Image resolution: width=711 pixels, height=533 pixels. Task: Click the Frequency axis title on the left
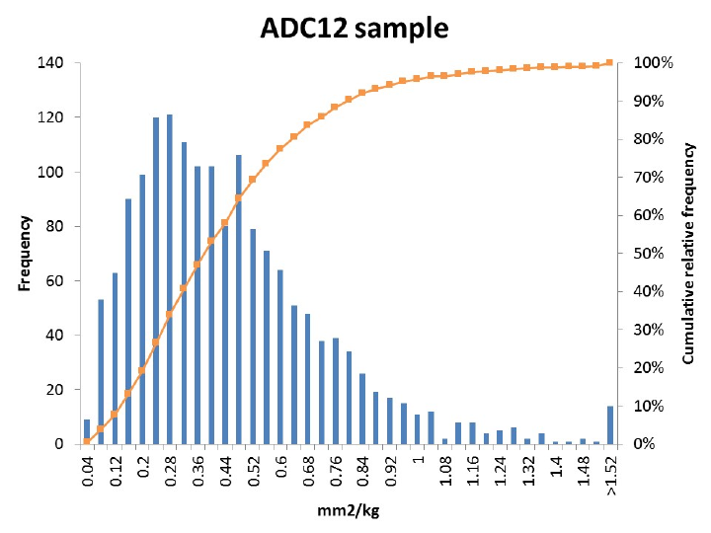point(26,253)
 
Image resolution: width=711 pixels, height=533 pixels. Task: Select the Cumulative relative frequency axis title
point(688,254)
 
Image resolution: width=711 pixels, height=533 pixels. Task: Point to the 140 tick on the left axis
point(51,63)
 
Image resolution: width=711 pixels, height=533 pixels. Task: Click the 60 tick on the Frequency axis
point(55,280)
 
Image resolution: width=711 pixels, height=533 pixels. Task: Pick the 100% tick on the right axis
point(653,63)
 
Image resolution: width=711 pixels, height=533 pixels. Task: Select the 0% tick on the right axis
point(660,444)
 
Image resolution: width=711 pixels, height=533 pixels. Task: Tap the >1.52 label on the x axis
point(611,475)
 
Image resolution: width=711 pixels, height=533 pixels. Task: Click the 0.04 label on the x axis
point(87,470)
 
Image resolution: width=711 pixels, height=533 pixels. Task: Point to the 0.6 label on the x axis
point(280,465)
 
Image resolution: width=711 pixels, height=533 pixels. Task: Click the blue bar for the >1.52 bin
point(610,425)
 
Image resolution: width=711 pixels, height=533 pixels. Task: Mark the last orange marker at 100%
point(610,63)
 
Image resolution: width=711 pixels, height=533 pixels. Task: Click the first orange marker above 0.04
point(87,440)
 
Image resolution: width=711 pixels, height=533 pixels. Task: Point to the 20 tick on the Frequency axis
point(55,390)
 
